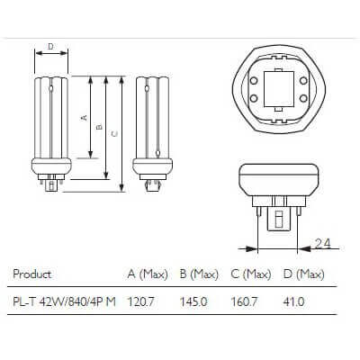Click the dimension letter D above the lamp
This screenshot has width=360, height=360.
pyautogui.click(x=50, y=46)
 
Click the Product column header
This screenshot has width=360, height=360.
pyautogui.click(x=33, y=274)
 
